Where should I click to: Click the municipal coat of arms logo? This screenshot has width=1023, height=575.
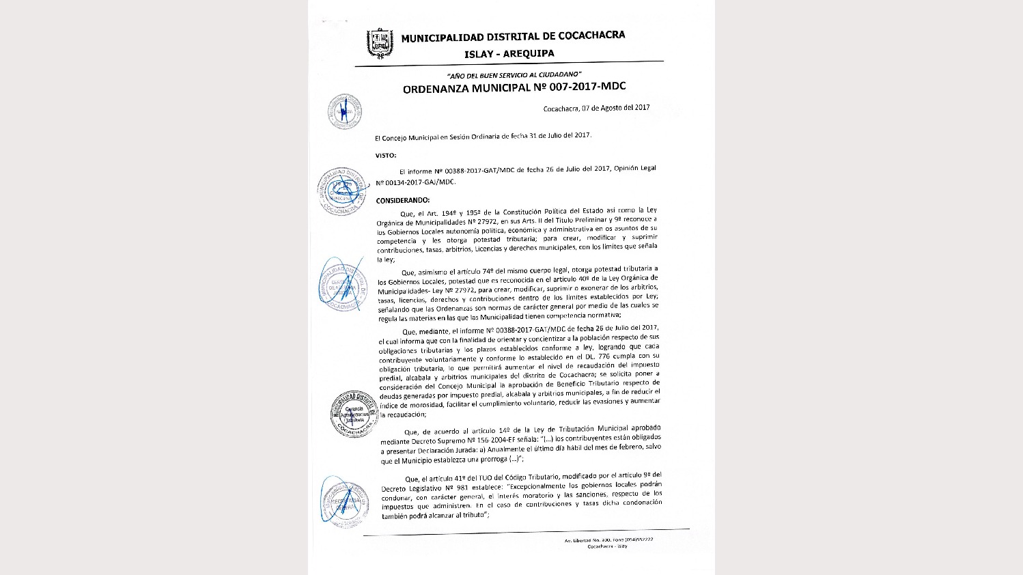pos(380,43)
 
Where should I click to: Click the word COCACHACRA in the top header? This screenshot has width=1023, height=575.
pos(591,36)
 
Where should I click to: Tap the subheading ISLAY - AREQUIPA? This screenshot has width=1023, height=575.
pos(509,54)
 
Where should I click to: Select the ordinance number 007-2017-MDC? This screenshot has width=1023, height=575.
pos(587,87)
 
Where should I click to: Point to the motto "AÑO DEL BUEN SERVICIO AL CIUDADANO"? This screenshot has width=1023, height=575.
pos(514,74)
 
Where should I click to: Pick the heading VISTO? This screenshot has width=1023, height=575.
pos(386,156)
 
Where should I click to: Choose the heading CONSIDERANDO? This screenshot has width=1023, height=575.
pos(403,200)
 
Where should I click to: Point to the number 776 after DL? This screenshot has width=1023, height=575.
pos(604,356)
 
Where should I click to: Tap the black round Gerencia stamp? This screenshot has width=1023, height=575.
pos(353,414)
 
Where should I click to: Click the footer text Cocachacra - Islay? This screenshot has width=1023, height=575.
pos(607,546)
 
